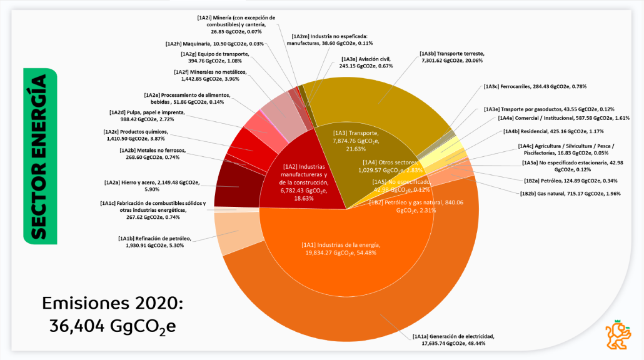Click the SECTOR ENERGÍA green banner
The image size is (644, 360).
tap(39, 156)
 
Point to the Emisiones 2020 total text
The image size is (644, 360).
tap(113, 315)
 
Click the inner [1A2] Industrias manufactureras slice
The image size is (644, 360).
tap(303, 181)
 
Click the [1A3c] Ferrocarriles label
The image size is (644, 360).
tap(535, 86)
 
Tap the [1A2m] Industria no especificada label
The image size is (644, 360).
tap(330, 40)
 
